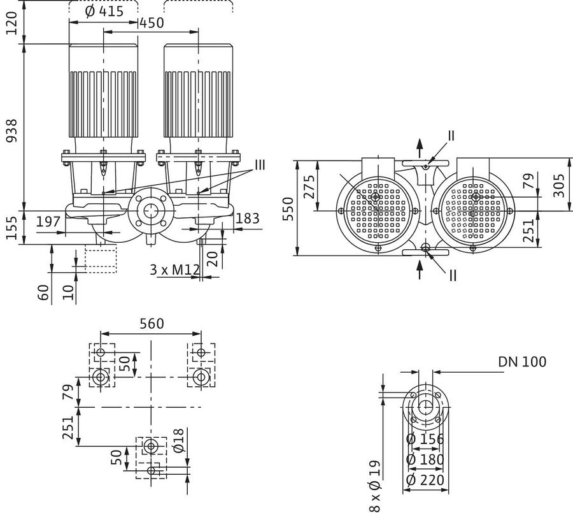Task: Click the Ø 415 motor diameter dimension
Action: point(104,11)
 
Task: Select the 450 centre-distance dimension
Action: point(152,23)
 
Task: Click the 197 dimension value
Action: point(48,221)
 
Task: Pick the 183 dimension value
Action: point(248,219)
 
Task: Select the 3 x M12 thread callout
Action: point(174,270)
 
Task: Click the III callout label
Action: point(260,165)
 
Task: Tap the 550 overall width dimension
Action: point(288,208)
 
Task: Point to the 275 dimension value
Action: point(309,187)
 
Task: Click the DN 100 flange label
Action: point(522,361)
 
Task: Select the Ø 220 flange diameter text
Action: point(425,480)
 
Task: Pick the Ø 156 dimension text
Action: point(425,438)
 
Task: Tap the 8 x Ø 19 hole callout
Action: point(374,486)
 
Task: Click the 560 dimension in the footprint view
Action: point(152,324)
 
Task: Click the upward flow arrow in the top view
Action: point(420,148)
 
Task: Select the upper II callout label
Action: point(451,135)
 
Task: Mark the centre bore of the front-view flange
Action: point(149,210)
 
